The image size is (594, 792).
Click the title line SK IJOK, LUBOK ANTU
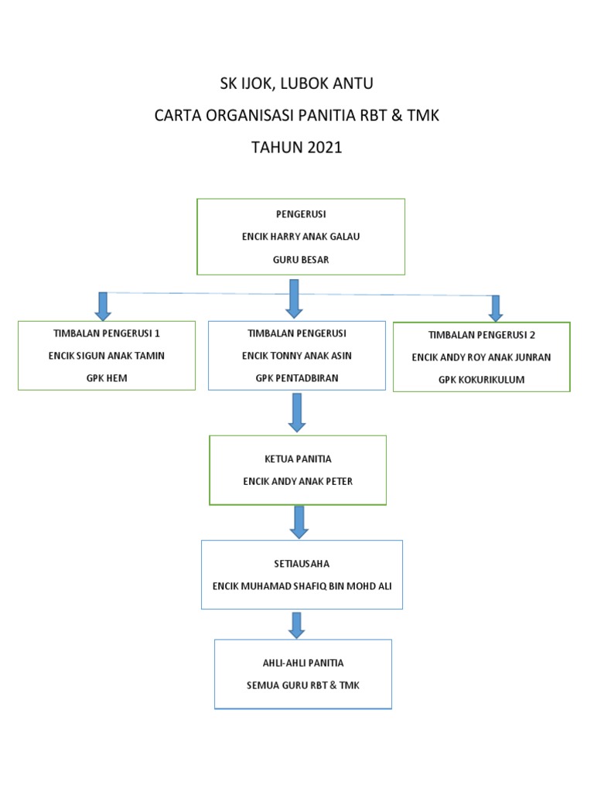click(x=297, y=84)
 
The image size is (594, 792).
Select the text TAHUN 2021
click(x=297, y=147)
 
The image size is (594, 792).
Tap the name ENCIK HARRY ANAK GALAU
click(x=301, y=237)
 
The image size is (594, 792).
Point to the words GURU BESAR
click(x=301, y=260)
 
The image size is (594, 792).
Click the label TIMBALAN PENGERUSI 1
click(x=107, y=333)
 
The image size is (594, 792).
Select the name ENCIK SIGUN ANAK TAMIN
click(x=107, y=356)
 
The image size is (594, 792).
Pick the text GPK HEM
click(x=107, y=378)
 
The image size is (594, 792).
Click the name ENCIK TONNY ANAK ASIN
click(x=297, y=356)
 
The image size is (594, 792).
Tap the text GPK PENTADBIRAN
click(x=297, y=378)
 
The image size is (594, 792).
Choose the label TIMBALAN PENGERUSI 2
click(x=481, y=335)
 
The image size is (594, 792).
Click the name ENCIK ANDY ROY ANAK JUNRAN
click(x=481, y=357)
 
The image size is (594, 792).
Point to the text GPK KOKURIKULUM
click(x=481, y=380)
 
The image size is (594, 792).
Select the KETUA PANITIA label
click(x=298, y=459)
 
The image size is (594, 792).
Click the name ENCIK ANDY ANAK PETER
click(x=298, y=481)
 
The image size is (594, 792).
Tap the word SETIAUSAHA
click(x=302, y=564)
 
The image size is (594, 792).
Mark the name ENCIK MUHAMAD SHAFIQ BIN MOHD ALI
click(x=302, y=585)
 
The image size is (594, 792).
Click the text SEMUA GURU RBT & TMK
click(x=302, y=685)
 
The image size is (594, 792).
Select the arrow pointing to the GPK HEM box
click(x=103, y=306)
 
